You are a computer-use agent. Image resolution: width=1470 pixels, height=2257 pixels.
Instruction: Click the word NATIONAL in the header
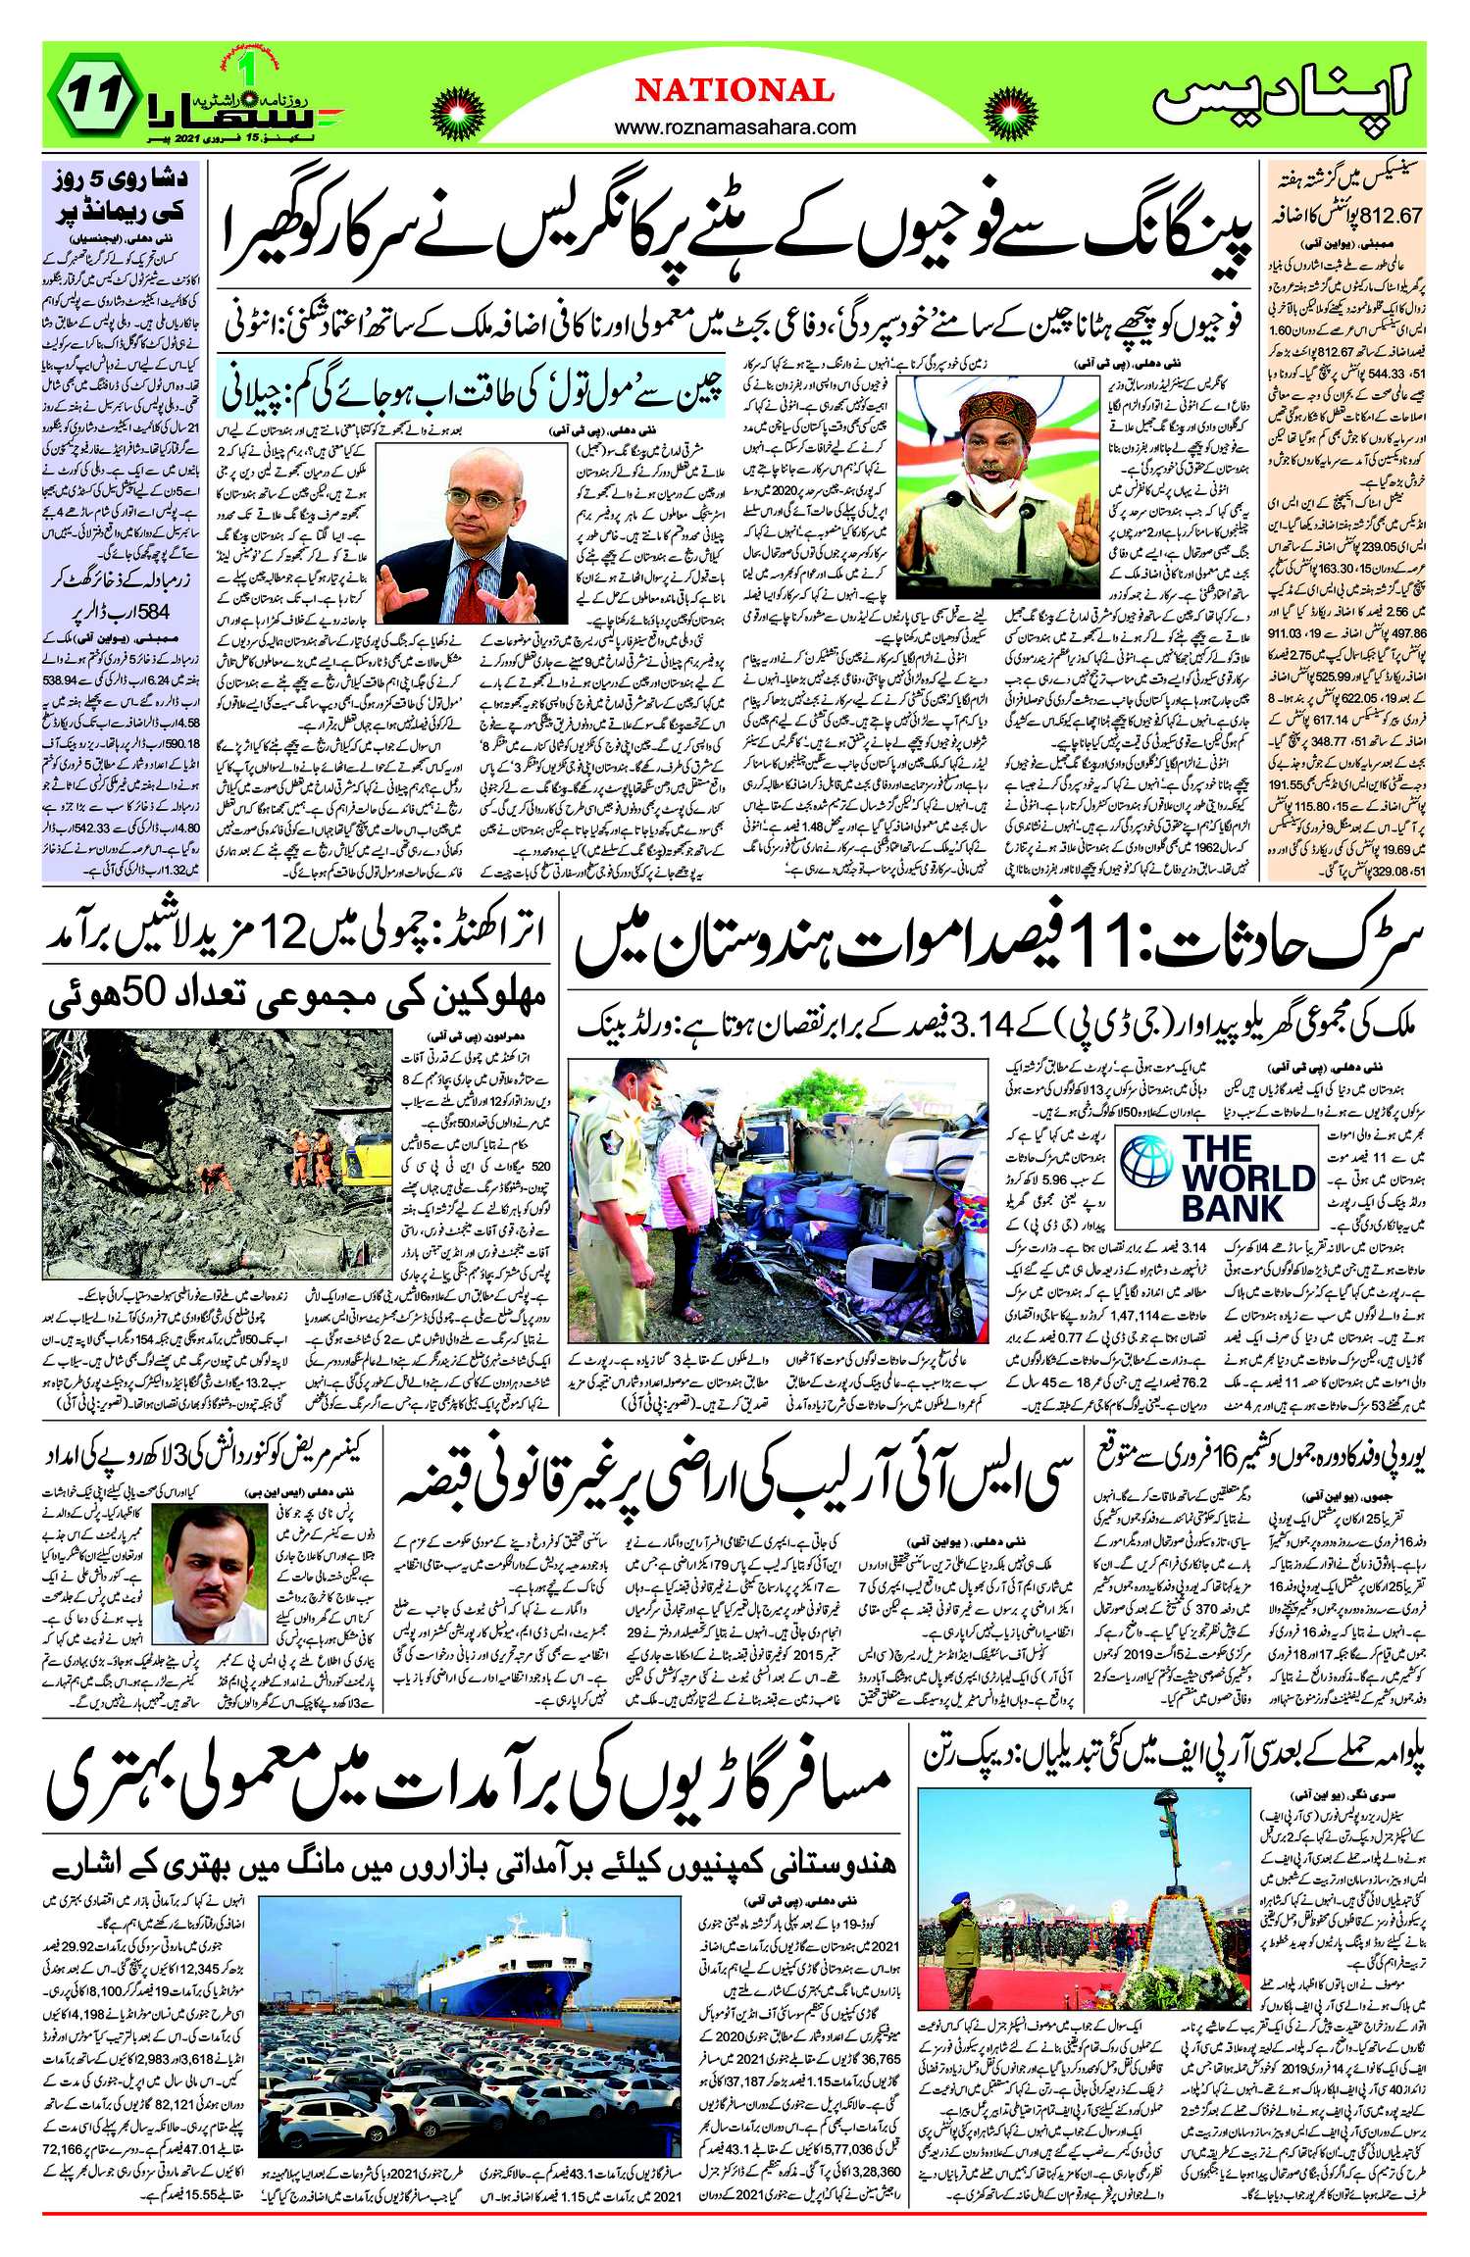[x=735, y=91]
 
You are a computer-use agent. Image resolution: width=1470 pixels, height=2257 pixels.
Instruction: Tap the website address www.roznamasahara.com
[x=735, y=127]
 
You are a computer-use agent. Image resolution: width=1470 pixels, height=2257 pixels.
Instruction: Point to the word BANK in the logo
[x=1232, y=1209]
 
